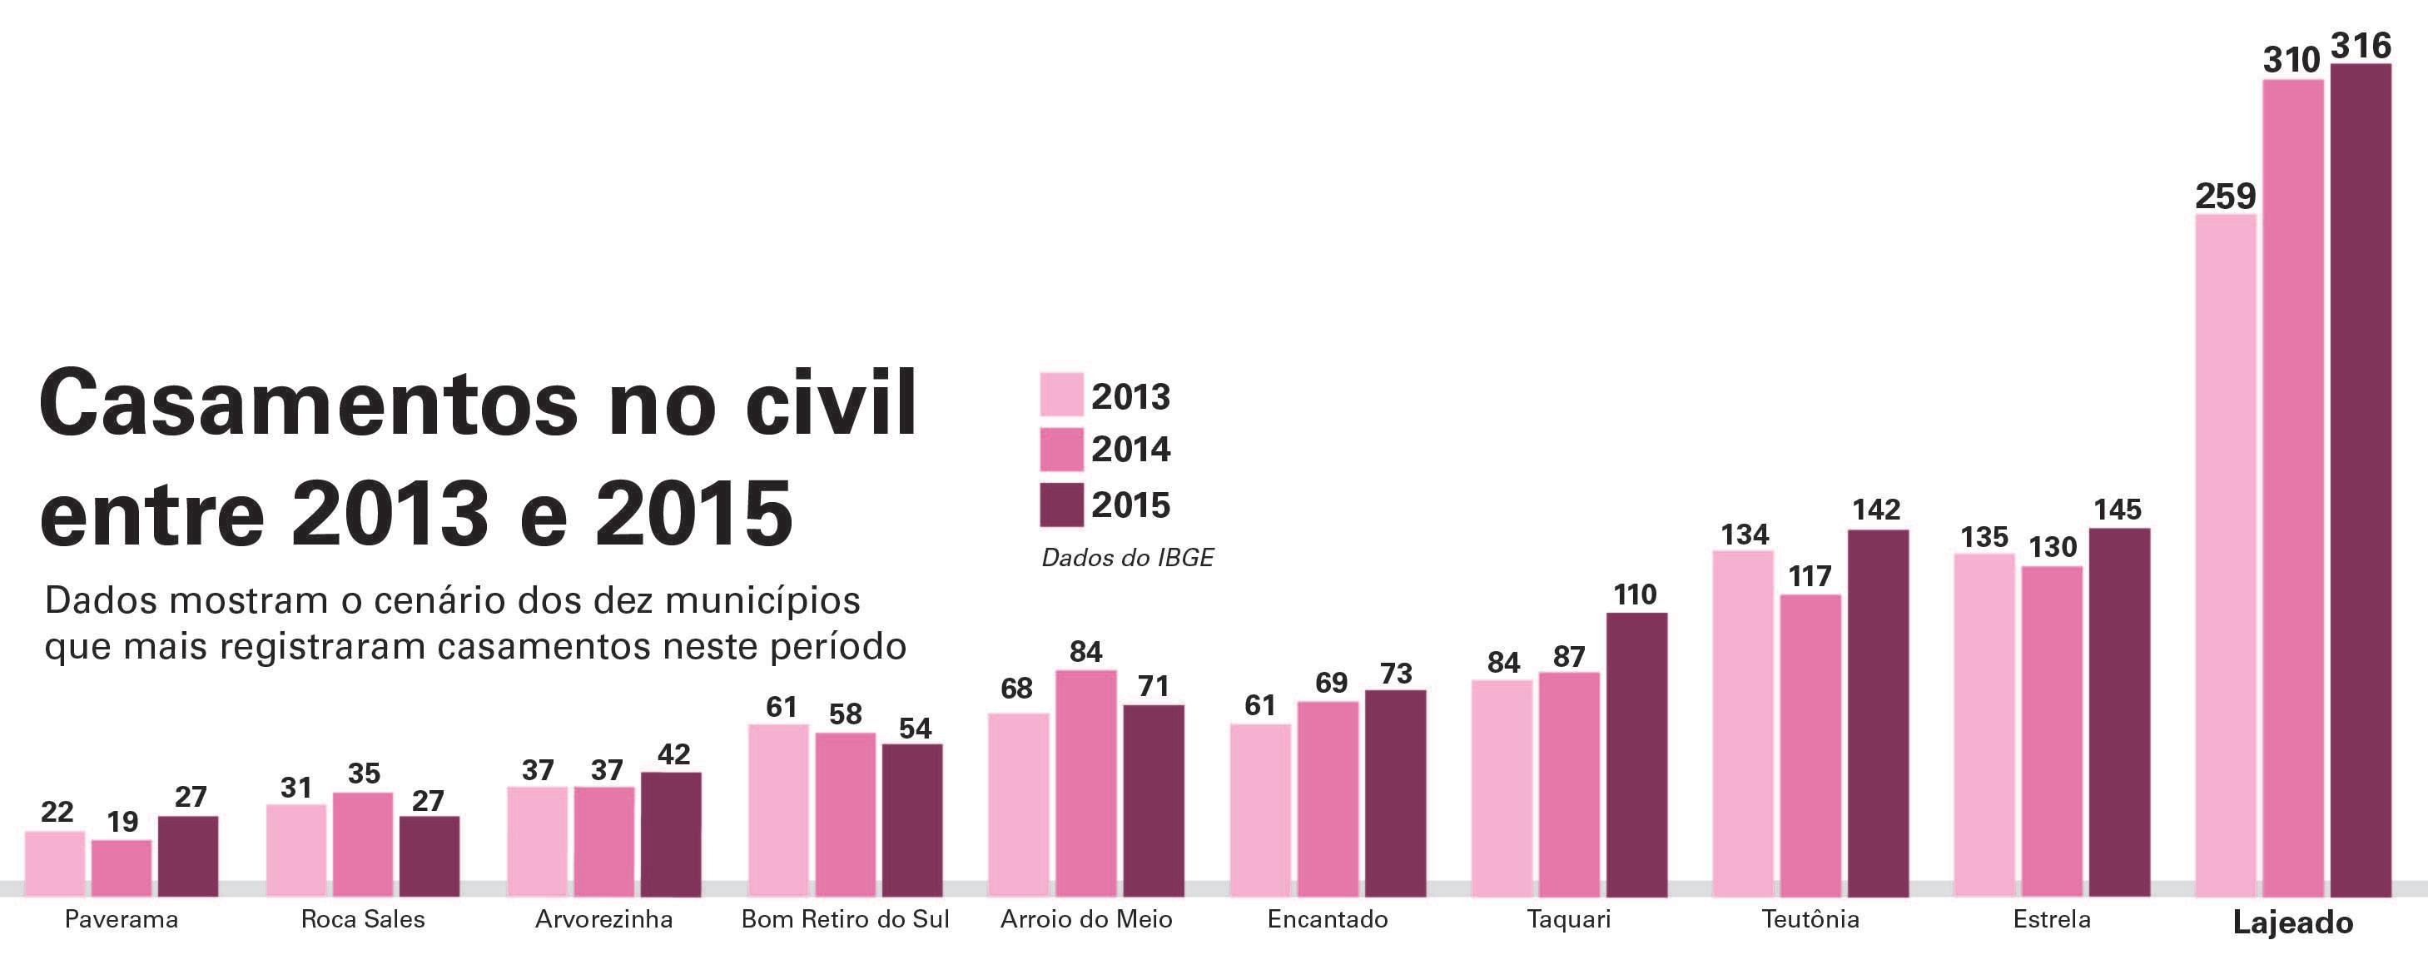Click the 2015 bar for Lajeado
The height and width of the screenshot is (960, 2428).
tap(2361, 480)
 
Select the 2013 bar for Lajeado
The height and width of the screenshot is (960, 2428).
tap(2226, 555)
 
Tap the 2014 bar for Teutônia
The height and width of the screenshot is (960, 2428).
tap(1810, 745)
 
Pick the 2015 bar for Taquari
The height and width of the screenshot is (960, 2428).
tap(1636, 754)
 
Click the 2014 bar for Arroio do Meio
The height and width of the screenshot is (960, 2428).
tap(1085, 783)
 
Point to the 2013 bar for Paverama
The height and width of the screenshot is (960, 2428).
tap(55, 863)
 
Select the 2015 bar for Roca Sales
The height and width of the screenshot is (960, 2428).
tap(429, 856)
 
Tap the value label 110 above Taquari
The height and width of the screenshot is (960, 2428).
tap(1635, 594)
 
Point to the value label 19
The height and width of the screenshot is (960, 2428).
tap(122, 823)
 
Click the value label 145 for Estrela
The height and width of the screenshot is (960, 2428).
tap(2118, 510)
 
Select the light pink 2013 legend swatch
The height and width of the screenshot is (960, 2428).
tap(1061, 394)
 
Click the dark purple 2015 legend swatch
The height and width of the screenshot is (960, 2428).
tap(1061, 505)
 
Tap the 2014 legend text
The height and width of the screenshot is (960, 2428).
tap(1131, 449)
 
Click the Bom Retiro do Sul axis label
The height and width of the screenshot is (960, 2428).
tap(846, 919)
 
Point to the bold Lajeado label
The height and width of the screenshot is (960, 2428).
tap(2292, 923)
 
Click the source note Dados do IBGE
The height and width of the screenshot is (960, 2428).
tap(1127, 559)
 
